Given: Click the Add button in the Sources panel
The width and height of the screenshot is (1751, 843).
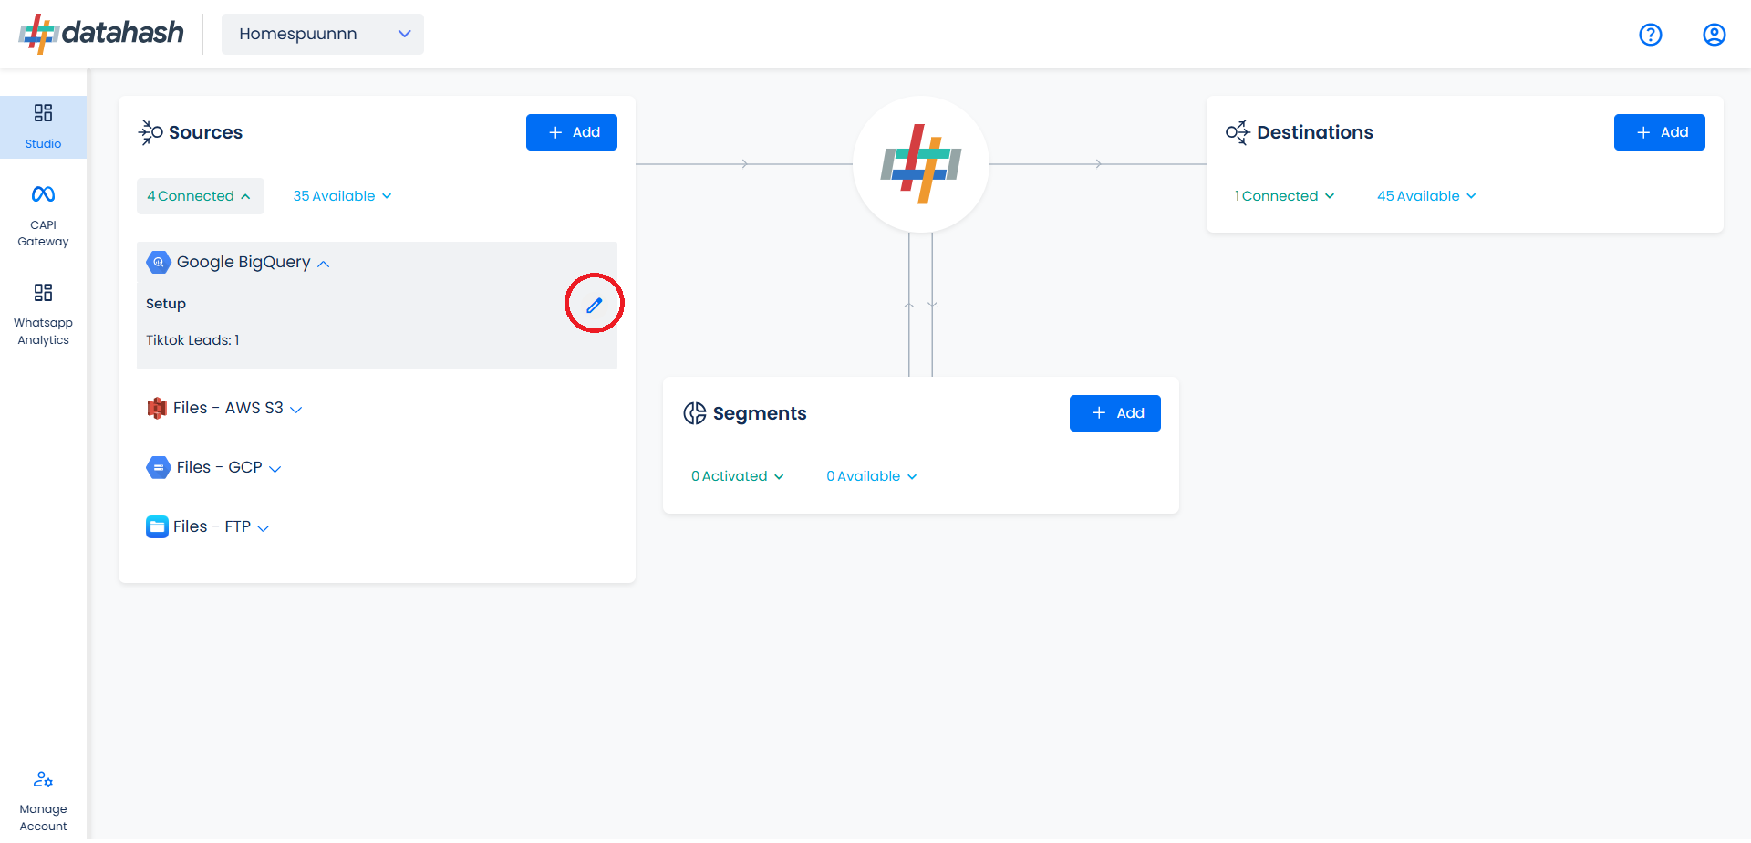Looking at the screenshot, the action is coord(571,132).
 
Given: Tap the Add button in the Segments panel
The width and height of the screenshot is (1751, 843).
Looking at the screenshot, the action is coord(1114,413).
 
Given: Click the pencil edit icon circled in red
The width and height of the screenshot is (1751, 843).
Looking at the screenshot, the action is coord(595,305).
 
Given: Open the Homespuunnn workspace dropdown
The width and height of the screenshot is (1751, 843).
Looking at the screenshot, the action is coord(323,34).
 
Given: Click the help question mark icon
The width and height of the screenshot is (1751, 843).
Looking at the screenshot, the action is coord(1651,35).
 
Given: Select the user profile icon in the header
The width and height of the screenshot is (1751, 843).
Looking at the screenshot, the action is coord(1715,35).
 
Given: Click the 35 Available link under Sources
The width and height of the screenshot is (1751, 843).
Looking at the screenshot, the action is coord(342,196).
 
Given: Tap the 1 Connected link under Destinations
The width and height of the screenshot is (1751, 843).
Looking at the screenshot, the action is coord(1284,196).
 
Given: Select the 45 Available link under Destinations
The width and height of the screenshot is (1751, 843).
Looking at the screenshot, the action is coord(1426,196).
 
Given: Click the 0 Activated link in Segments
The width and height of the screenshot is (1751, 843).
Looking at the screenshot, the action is coord(737,476).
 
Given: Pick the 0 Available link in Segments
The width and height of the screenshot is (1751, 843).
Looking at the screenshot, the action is coord(871,476).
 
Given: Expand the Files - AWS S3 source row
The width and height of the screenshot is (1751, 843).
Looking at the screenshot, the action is coord(224,408).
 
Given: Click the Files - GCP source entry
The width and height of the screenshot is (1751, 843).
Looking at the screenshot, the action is coord(214,467).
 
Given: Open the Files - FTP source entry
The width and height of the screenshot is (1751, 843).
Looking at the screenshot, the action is coord(208,526).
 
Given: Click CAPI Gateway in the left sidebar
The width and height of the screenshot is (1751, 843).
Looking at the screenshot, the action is coord(43,216).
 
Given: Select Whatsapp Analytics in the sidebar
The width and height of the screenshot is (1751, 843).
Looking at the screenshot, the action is coord(43,315).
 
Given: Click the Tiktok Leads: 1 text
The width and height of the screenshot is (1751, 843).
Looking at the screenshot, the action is coord(192,340).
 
